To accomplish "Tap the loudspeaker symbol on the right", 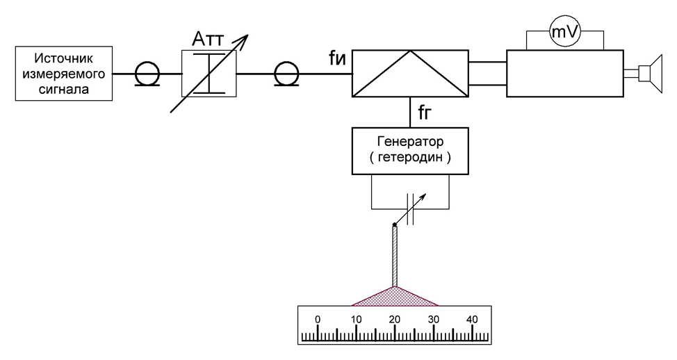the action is (x=651, y=74).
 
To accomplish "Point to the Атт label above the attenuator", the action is (x=208, y=40).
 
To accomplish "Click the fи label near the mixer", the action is (x=337, y=58).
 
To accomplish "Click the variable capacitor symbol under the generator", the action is (x=410, y=209).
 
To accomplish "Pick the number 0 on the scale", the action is (x=318, y=320).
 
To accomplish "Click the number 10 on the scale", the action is (x=356, y=320).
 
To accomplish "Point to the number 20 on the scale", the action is (x=395, y=320).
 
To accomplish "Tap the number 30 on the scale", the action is (x=434, y=320).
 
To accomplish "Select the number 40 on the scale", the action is (x=472, y=320).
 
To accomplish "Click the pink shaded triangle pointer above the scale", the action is (x=395, y=299).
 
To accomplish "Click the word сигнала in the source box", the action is (x=64, y=90).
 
